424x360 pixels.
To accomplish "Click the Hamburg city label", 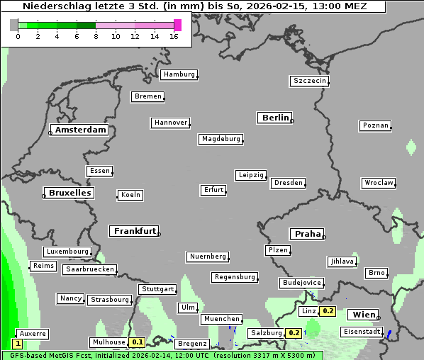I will (x=179, y=74).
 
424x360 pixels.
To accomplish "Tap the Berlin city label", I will (x=275, y=118).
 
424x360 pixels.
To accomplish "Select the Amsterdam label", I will (x=80, y=130).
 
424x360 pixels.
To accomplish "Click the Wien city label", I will (x=363, y=314).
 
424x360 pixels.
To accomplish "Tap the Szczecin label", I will (x=310, y=81).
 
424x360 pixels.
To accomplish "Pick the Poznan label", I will (x=376, y=125).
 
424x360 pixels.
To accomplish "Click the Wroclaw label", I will (x=379, y=183).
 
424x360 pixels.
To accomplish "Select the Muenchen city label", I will (x=222, y=319).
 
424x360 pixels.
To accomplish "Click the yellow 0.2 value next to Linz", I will (x=328, y=311).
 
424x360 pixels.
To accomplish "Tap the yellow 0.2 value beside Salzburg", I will (x=294, y=333).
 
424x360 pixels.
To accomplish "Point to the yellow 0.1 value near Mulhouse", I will (x=138, y=342).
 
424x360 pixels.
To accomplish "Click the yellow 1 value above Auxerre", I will (x=18, y=343).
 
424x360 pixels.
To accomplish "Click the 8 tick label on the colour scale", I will (x=96, y=36).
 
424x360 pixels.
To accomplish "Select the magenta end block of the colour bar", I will (x=177, y=25).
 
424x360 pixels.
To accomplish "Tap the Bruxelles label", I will (x=69, y=193).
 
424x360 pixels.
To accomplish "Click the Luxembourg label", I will (x=67, y=252).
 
